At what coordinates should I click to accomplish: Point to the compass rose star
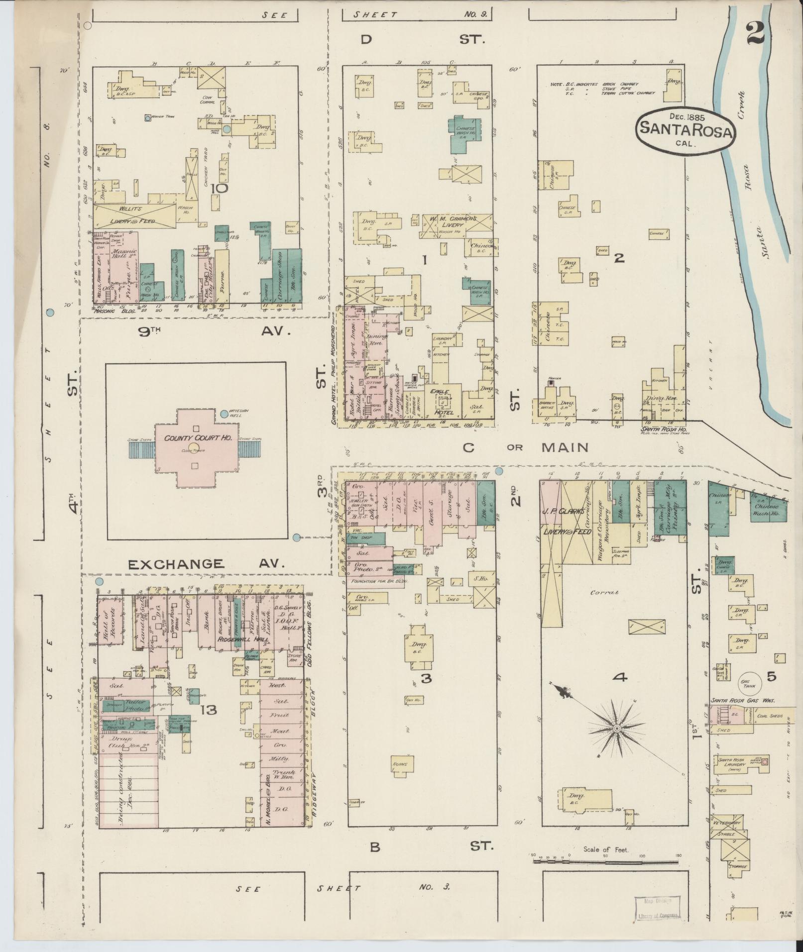pyautogui.click(x=616, y=729)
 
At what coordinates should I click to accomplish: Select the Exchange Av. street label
pyautogui.click(x=206, y=564)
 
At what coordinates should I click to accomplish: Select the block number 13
pyautogui.click(x=208, y=710)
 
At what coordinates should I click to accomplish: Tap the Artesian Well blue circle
pyautogui.click(x=224, y=413)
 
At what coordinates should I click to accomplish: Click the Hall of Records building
pyautogui.click(x=110, y=620)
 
